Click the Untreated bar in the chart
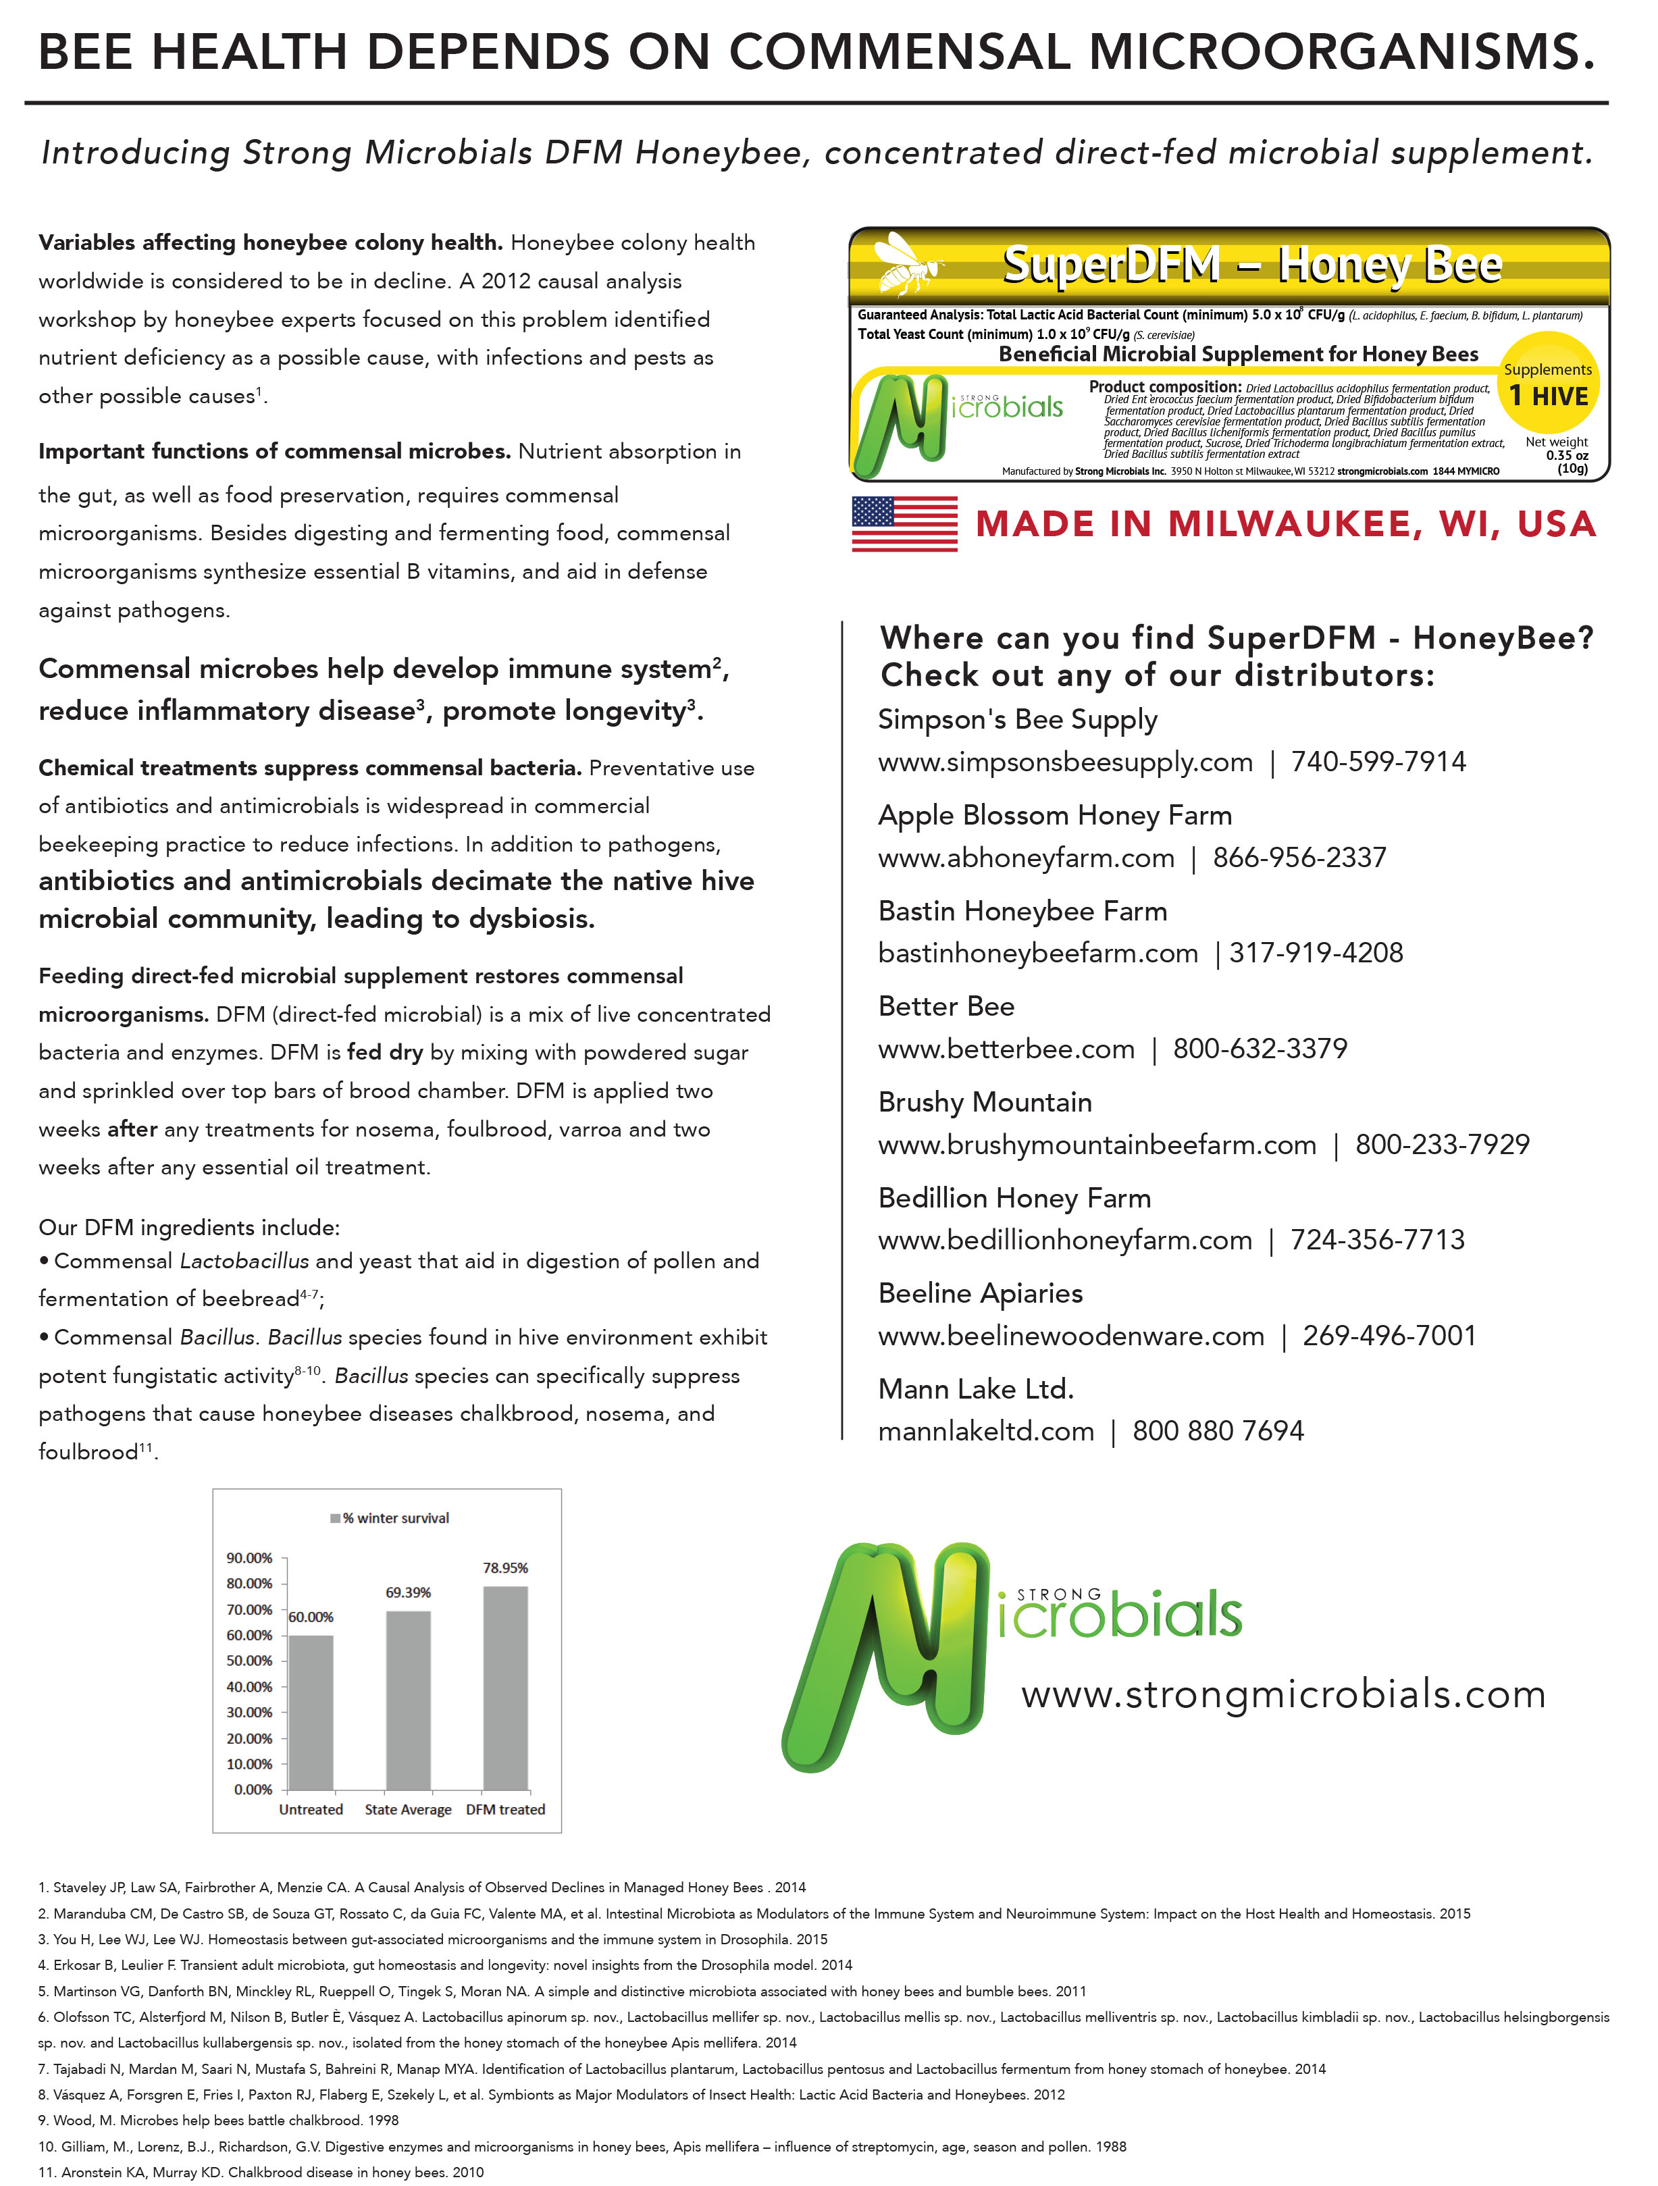coord(310,1712)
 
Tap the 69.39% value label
coord(408,1592)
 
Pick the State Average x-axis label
coord(408,1809)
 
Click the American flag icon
coord(904,524)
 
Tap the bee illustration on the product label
coord(909,263)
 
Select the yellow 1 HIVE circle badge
coord(1547,386)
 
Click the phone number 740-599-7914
coord(1378,762)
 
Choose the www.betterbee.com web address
coord(1006,1049)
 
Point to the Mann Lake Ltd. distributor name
coord(975,1390)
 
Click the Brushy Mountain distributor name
coord(985,1102)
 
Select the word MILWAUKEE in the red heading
coord(1295,524)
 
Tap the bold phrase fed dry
coord(384,1053)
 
